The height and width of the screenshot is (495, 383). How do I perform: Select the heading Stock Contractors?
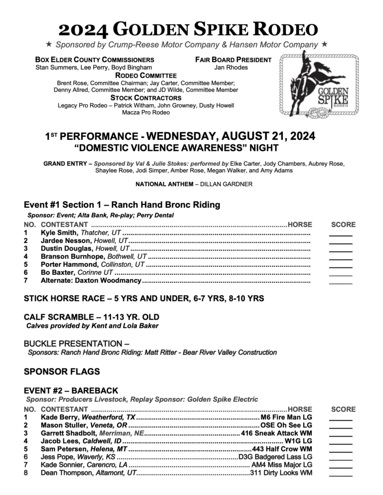pos(145,98)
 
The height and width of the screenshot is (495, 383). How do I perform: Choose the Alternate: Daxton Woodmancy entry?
pos(91,281)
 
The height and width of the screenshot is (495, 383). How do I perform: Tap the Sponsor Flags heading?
pos(62,371)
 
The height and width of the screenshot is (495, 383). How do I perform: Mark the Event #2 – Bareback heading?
pos(70,390)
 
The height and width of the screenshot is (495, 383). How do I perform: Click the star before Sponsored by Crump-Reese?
pos(49,45)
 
